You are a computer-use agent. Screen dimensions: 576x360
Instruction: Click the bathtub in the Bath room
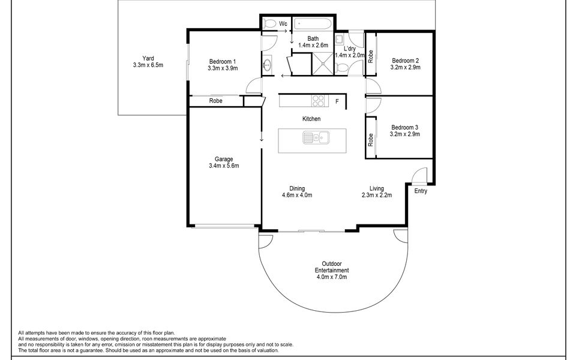click(313, 24)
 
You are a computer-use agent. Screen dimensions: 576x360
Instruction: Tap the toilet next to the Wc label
click(270, 24)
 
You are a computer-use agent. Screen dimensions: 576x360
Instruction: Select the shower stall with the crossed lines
click(323, 64)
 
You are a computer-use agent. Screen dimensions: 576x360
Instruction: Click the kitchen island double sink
click(316, 137)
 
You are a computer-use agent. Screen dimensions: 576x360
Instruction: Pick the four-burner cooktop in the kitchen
click(319, 101)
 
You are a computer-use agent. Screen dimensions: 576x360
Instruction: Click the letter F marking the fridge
click(337, 101)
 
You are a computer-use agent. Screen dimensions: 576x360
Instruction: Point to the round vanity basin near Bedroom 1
click(267, 65)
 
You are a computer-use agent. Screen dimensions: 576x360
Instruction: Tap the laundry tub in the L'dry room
click(339, 38)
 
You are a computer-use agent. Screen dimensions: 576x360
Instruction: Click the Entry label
click(421, 191)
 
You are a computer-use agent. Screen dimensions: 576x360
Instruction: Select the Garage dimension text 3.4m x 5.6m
click(224, 166)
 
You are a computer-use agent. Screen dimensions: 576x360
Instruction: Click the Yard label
click(148, 58)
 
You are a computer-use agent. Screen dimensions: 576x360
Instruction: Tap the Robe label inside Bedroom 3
click(370, 140)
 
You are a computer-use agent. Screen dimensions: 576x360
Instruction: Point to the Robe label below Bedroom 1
click(215, 101)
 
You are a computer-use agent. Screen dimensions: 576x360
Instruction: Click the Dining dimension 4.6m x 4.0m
click(297, 195)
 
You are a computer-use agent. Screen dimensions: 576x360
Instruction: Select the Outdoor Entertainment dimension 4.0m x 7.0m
click(332, 277)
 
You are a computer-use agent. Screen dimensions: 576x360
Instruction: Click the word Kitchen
click(311, 119)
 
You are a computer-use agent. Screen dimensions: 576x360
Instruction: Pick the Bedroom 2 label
click(405, 61)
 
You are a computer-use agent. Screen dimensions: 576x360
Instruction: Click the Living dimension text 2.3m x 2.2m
click(377, 195)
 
